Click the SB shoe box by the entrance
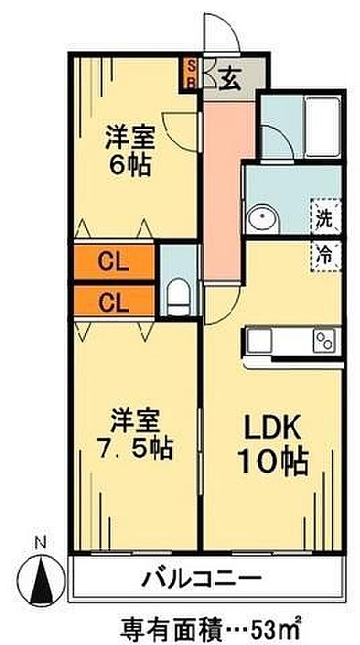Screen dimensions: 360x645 (x=191, y=73)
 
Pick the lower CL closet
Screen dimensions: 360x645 (x=114, y=303)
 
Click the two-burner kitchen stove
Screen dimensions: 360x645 (x=324, y=340)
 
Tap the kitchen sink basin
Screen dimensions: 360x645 (x=259, y=341)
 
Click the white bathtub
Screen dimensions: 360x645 (x=323, y=127)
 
